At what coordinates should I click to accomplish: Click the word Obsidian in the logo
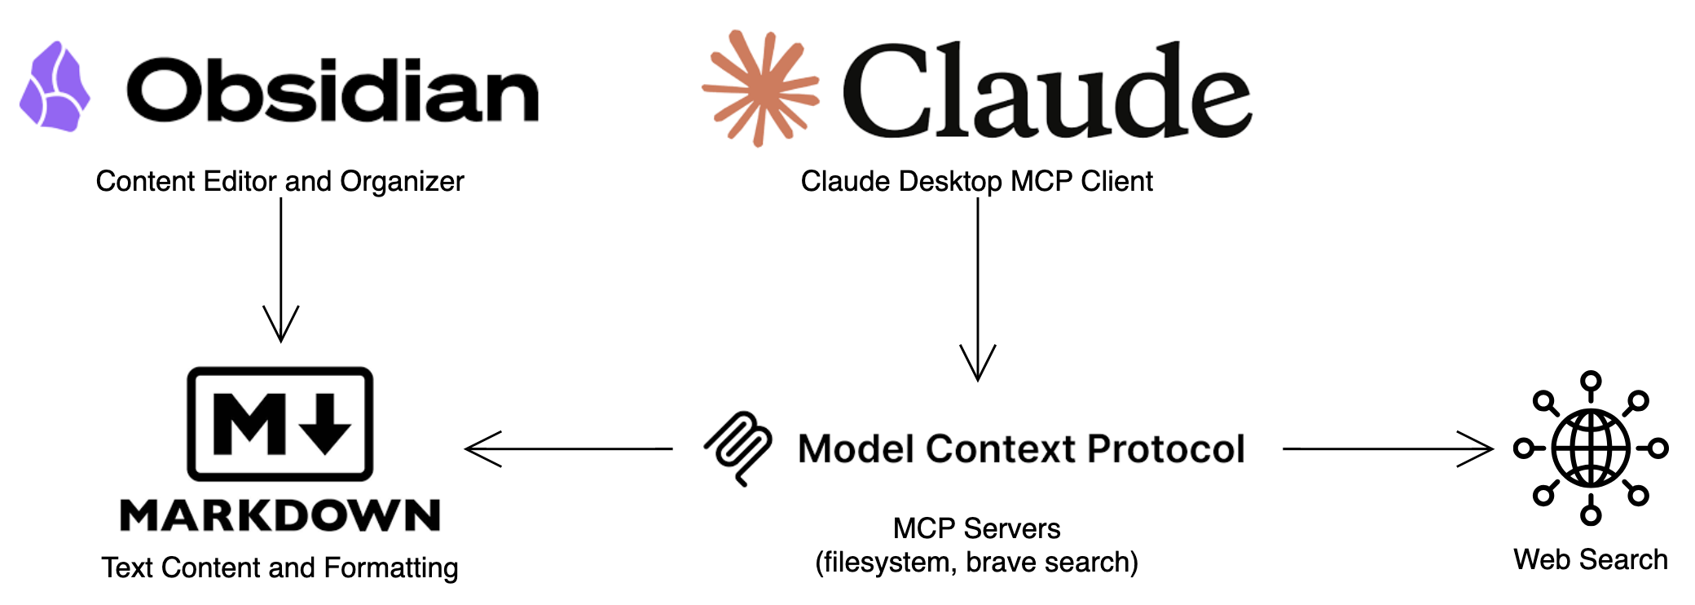pyautogui.click(x=332, y=90)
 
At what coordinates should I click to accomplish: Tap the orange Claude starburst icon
pyautogui.click(x=759, y=88)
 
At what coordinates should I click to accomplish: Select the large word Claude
pyautogui.click(x=1046, y=91)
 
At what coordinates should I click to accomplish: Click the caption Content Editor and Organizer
pyautogui.click(x=280, y=181)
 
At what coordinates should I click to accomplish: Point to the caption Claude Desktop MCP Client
pyautogui.click(x=976, y=181)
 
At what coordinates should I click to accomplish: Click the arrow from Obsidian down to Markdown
pyautogui.click(x=281, y=269)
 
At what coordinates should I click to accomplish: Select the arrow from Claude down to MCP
pyautogui.click(x=978, y=289)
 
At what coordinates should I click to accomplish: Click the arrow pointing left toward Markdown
pyautogui.click(x=568, y=448)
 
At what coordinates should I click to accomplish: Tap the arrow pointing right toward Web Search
pyautogui.click(x=1387, y=448)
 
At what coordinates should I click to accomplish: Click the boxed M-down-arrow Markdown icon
pyautogui.click(x=280, y=424)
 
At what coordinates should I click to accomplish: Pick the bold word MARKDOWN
pyautogui.click(x=280, y=515)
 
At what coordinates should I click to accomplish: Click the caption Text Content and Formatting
pyautogui.click(x=280, y=567)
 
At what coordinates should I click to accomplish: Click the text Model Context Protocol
pyautogui.click(x=1021, y=448)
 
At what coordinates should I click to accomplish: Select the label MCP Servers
pyautogui.click(x=976, y=528)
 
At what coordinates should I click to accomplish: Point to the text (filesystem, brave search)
pyautogui.click(x=976, y=563)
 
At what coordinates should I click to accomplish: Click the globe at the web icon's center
pyautogui.click(x=1591, y=448)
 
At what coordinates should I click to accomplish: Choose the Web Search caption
pyautogui.click(x=1591, y=560)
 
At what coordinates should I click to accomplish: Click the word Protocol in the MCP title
pyautogui.click(x=1166, y=448)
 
